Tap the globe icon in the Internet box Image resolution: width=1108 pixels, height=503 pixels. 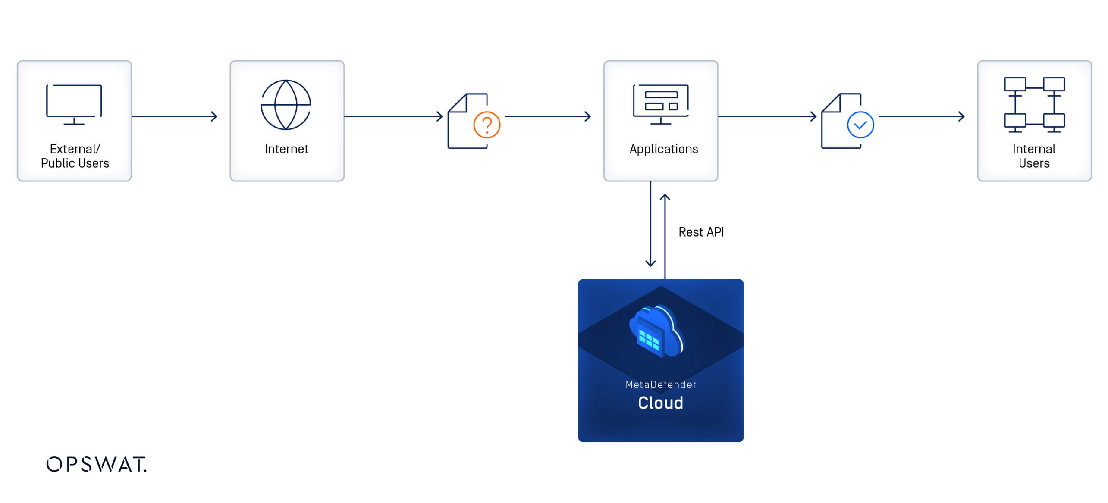click(286, 105)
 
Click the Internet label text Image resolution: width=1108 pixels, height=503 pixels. click(286, 149)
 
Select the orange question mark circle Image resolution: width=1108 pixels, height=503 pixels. click(487, 125)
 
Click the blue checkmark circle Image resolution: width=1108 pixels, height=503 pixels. click(860, 125)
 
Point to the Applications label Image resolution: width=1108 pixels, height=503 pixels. click(663, 149)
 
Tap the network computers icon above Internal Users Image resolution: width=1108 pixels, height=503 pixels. click(1034, 105)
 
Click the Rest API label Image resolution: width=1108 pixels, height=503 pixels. click(701, 232)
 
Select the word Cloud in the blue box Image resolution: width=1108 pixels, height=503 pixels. click(660, 403)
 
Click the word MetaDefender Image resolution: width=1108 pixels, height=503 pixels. click(660, 384)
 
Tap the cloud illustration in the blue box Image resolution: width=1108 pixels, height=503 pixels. click(656, 331)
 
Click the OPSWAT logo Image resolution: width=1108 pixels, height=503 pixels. click(96, 464)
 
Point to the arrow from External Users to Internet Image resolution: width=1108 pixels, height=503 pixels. click(174, 116)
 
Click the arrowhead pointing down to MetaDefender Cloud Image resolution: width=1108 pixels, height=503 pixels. click(650, 262)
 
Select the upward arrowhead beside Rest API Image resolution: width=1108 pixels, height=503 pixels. click(665, 198)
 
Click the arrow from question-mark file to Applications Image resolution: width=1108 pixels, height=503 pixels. click(547, 116)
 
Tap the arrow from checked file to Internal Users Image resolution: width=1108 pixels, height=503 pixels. click(921, 116)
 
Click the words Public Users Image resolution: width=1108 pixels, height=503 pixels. click(75, 163)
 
